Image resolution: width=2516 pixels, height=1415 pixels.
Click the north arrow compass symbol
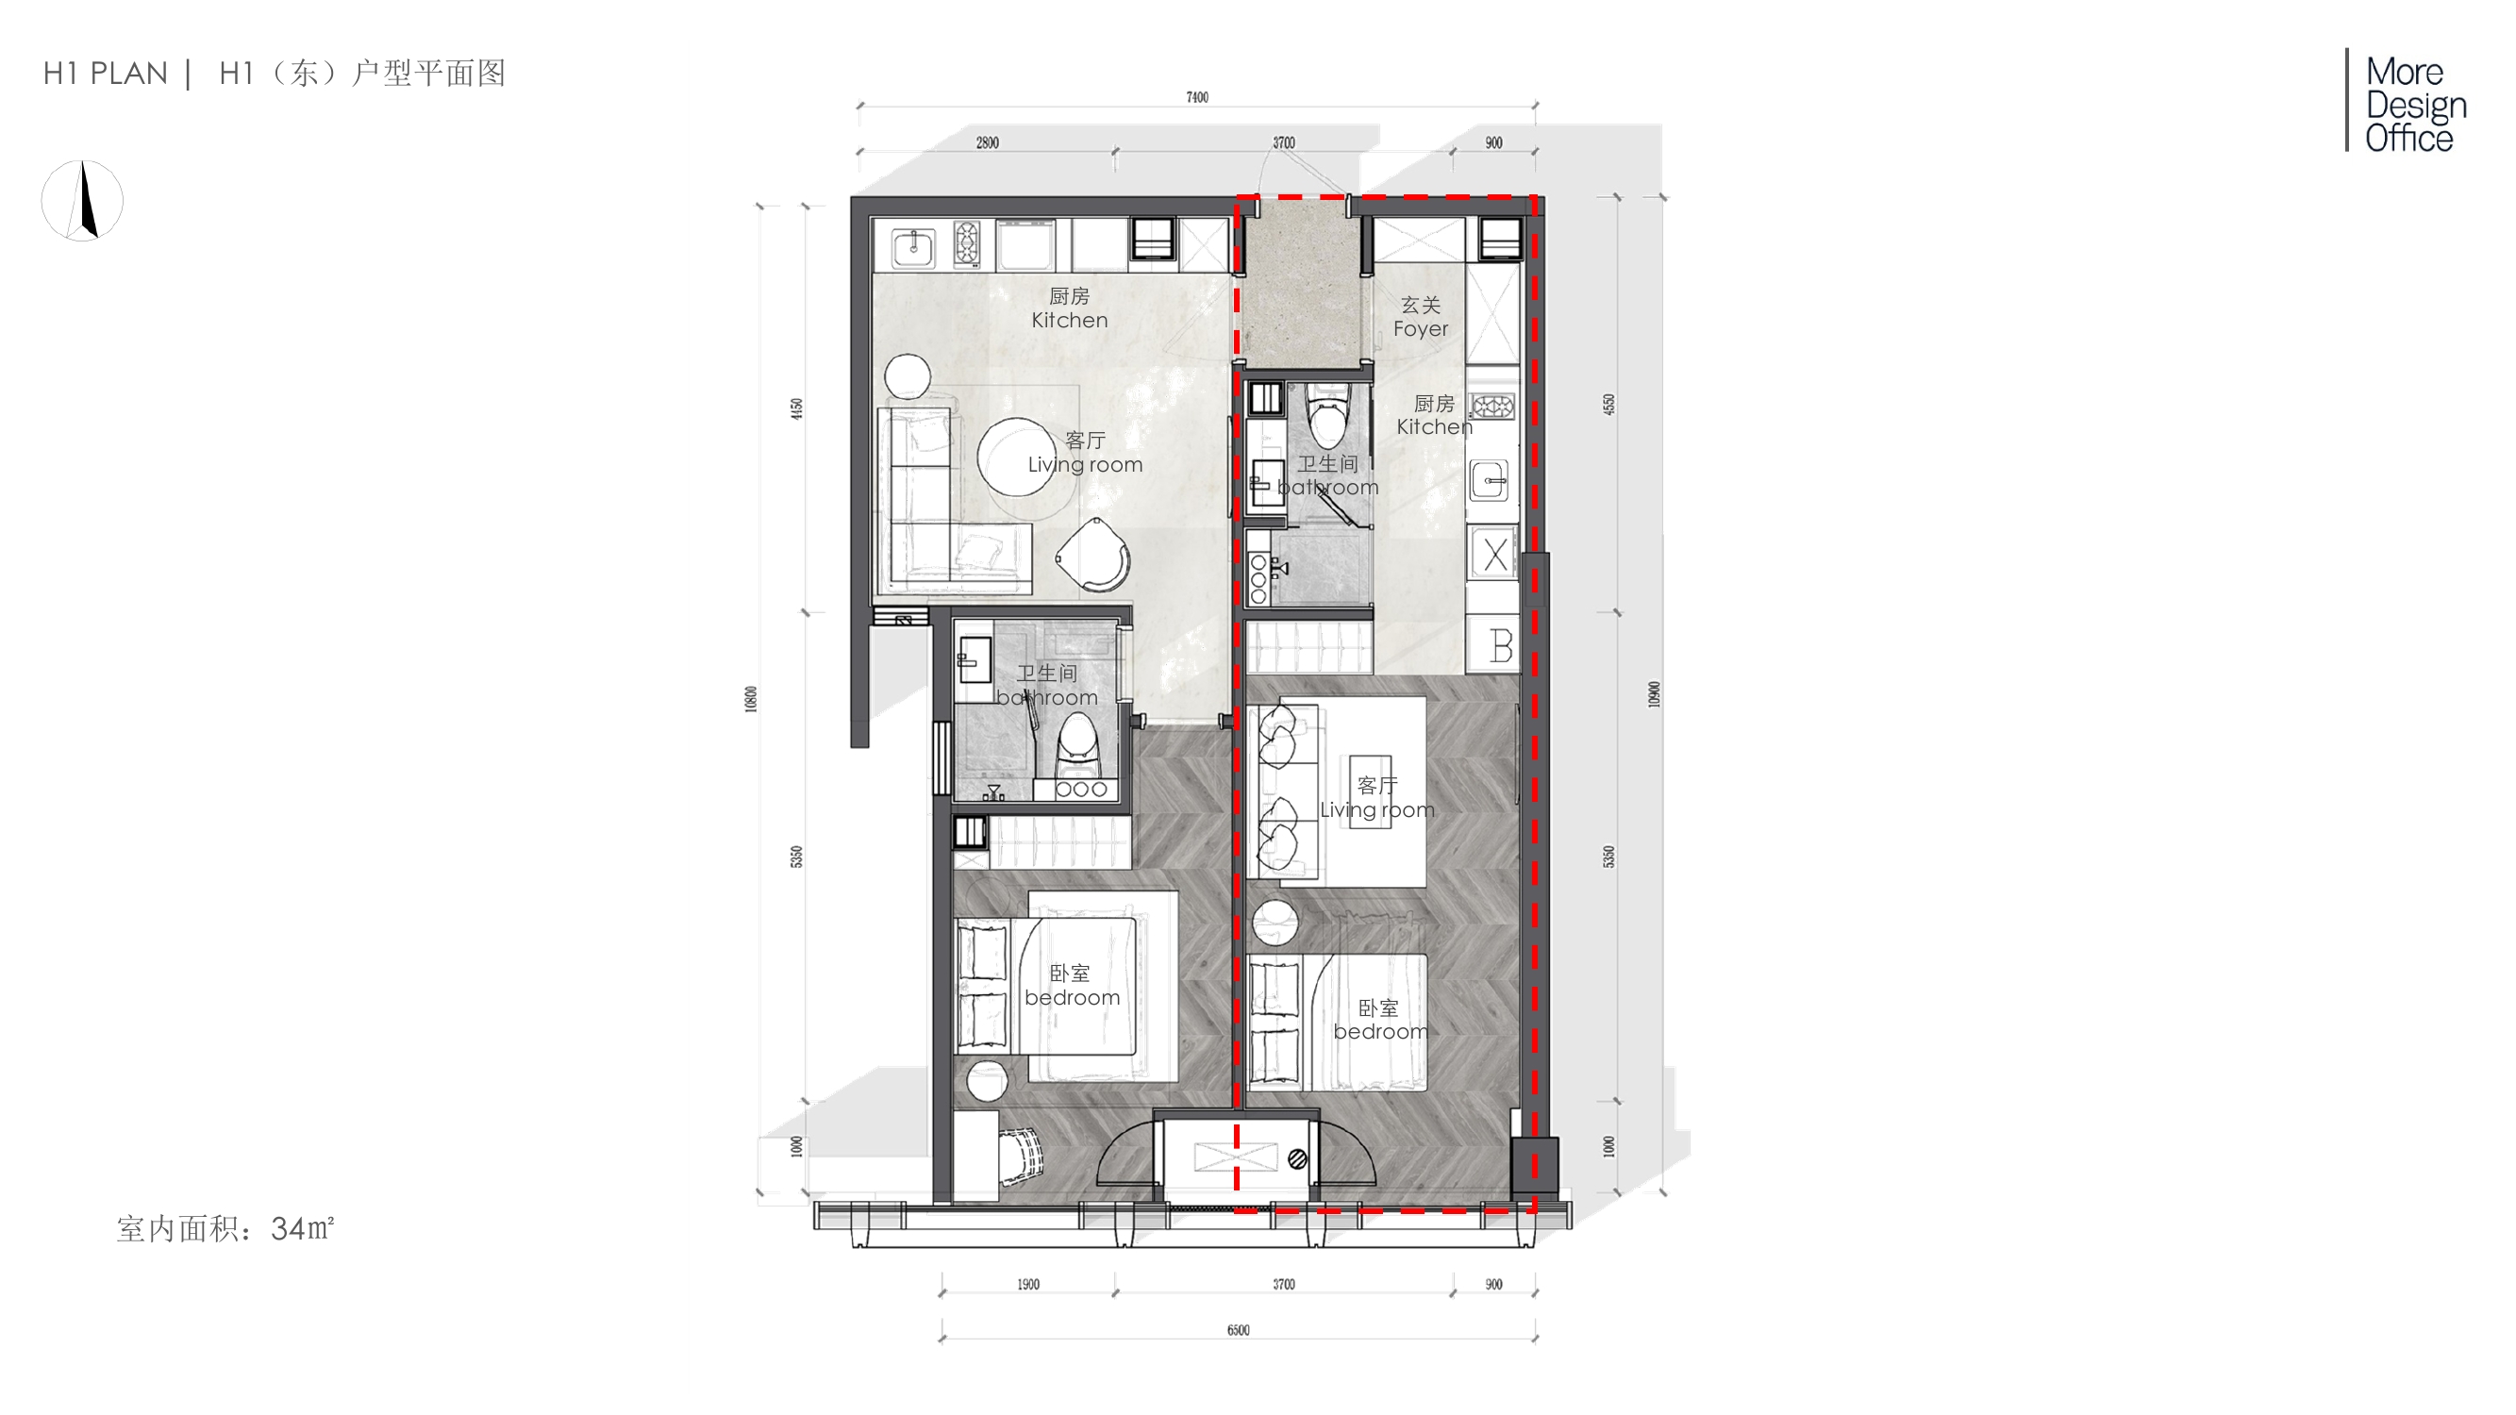(x=83, y=200)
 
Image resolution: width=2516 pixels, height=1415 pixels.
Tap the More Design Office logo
(x=2407, y=103)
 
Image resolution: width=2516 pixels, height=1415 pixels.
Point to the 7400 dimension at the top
(x=1197, y=96)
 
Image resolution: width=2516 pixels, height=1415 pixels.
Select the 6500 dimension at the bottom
(x=1238, y=1329)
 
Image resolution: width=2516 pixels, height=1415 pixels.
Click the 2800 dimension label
(x=987, y=142)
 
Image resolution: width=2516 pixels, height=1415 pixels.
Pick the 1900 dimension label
(x=1027, y=1284)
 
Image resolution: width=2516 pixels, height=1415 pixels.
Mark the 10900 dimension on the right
(x=1654, y=694)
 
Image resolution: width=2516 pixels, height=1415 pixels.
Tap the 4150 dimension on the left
(x=797, y=409)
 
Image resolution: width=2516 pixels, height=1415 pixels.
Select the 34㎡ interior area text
(x=303, y=1227)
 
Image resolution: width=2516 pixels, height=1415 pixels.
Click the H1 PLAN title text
(x=106, y=74)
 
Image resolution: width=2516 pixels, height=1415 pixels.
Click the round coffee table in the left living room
(x=1016, y=457)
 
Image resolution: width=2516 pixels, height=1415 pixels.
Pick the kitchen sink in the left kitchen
(x=913, y=247)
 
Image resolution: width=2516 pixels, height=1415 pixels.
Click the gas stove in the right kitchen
(x=1491, y=407)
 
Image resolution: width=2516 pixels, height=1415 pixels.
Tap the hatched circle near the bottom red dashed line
(x=1297, y=1159)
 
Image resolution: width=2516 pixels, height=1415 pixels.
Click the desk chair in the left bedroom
(x=1021, y=1157)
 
